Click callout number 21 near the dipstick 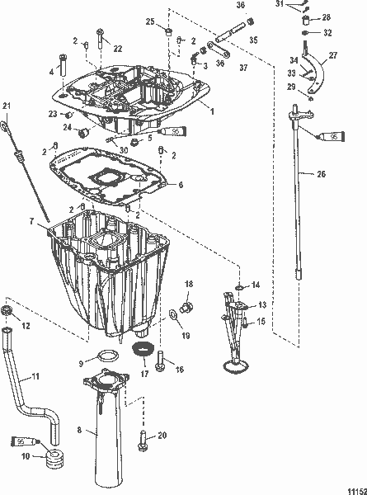point(7,105)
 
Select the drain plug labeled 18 point(186,308)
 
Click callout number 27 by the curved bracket point(333,57)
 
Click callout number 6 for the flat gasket point(181,186)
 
